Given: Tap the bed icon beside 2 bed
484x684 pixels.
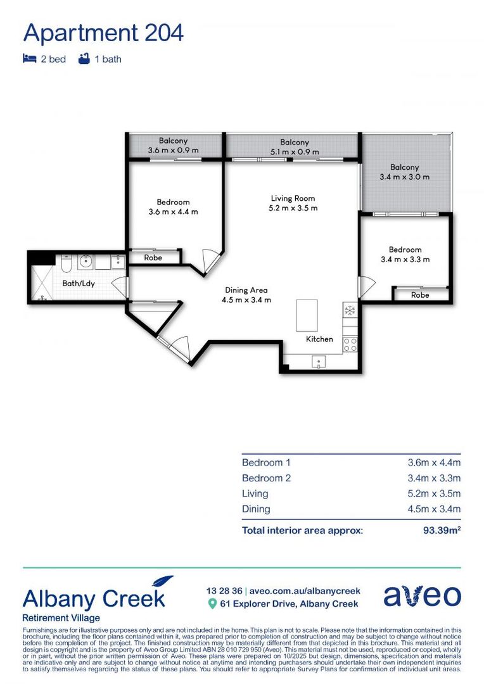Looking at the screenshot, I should tap(29, 59).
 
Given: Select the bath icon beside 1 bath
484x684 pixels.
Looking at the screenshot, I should tap(83, 59).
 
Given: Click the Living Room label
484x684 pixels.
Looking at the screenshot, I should tap(293, 198).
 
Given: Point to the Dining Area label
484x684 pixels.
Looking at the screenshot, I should tap(246, 290).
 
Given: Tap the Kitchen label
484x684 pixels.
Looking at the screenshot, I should tap(319, 339).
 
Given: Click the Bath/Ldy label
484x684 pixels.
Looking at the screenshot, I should tap(79, 283).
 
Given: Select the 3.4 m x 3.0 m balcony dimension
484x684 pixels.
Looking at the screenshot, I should tap(404, 177).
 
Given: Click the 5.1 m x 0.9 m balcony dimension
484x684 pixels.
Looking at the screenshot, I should tap(295, 152).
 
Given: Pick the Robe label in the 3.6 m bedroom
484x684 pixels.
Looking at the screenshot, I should tap(153, 258).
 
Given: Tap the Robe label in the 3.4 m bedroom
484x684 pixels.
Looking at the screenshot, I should tap(420, 295).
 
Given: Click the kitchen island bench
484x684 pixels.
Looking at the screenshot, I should tap(307, 315).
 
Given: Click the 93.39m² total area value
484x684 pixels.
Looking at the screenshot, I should tap(442, 530).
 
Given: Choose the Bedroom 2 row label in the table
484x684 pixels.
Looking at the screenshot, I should tap(266, 478).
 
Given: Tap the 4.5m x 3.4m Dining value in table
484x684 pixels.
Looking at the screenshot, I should tap(434, 509).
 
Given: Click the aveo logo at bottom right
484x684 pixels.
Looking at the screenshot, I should tap(422, 596).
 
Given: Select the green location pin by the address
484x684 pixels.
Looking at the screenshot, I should tap(213, 604).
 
